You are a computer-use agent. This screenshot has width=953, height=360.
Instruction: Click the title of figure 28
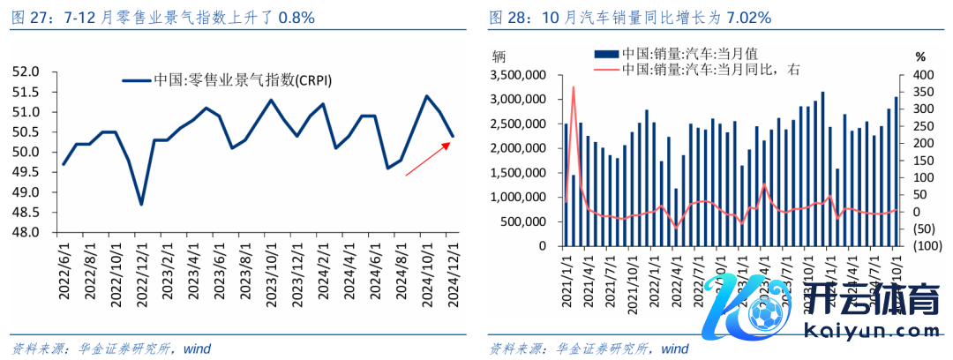coord(630,17)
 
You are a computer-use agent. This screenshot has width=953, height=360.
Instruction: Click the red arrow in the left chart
coord(428,158)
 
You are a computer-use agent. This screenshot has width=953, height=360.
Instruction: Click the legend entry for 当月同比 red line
coord(702,70)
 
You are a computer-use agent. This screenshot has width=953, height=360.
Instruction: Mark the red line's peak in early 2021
coord(574,87)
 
